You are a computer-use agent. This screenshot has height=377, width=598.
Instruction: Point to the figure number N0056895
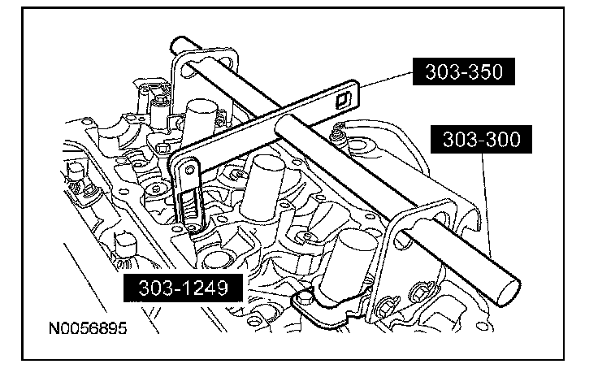coord(87,331)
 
